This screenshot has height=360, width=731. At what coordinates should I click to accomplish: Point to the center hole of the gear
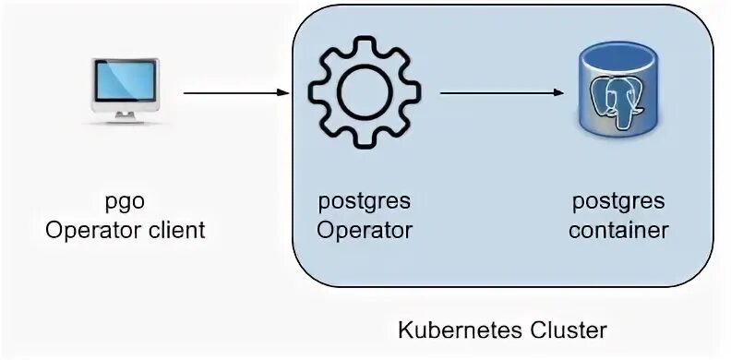point(361,92)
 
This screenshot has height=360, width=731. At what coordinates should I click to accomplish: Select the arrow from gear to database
point(498,92)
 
